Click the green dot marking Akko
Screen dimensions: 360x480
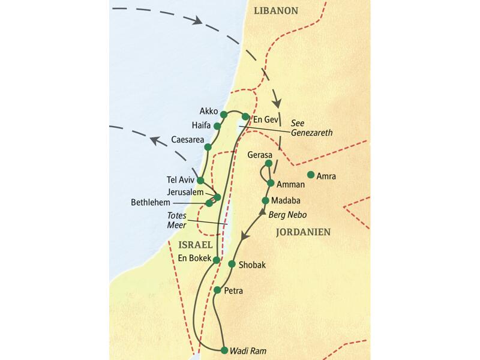pyautogui.click(x=224, y=114)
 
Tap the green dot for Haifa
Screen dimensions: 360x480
pyautogui.click(x=217, y=126)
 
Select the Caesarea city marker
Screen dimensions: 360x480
pyautogui.click(x=208, y=147)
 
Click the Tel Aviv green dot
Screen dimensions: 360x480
pyautogui.click(x=200, y=180)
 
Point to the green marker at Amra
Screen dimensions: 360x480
pyautogui.click(x=311, y=175)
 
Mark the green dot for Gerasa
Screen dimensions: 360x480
pyautogui.click(x=268, y=163)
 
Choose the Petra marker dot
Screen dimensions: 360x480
pyautogui.click(x=217, y=290)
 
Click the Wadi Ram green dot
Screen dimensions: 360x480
pyautogui.click(x=224, y=350)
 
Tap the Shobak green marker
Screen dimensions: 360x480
pyautogui.click(x=232, y=264)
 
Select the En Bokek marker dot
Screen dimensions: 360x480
pyautogui.click(x=216, y=260)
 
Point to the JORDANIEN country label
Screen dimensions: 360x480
pyautogui.click(x=302, y=232)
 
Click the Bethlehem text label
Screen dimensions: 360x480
pyautogui.click(x=153, y=203)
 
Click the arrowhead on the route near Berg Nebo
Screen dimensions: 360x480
pyautogui.click(x=262, y=212)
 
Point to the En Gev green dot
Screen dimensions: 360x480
pyautogui.click(x=245, y=116)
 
